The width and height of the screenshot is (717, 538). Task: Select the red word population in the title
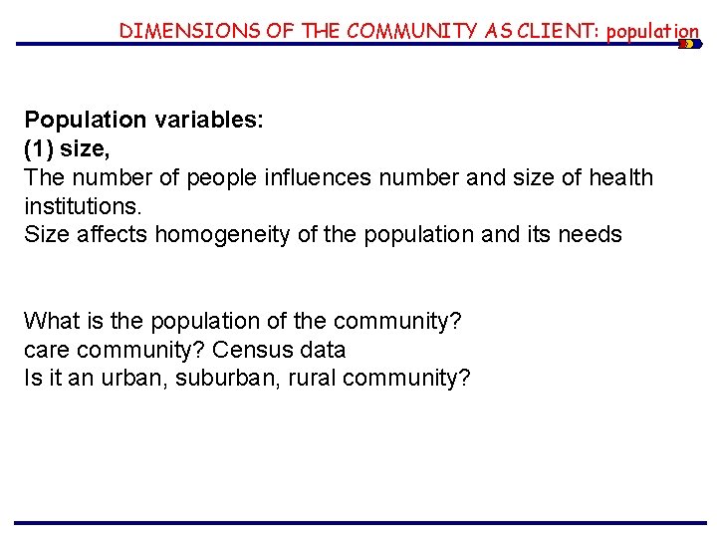coord(652,32)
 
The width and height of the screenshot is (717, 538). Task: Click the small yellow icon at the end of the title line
coord(688,44)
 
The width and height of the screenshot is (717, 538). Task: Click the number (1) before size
coord(39,149)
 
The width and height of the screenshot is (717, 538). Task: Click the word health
coord(617,178)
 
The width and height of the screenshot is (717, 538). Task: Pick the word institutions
coord(83,207)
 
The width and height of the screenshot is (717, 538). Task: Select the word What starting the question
coord(50,322)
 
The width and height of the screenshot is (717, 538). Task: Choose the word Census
coord(252,351)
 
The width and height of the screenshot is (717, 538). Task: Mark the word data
coord(321,351)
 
